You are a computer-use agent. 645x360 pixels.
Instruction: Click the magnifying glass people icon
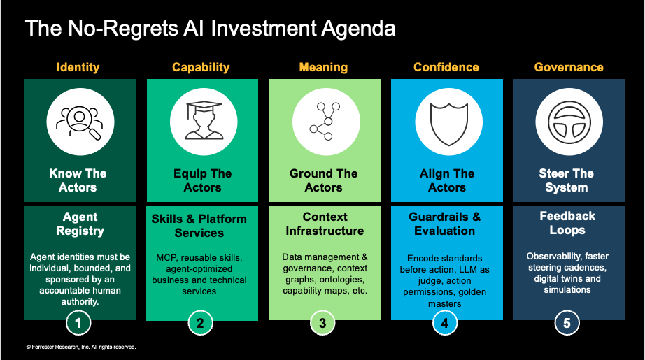80,122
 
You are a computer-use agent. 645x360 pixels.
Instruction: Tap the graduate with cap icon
204,121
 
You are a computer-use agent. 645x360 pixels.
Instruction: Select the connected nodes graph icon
325,121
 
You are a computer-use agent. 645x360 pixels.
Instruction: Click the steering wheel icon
569,122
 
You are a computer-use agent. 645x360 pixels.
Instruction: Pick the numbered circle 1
78,323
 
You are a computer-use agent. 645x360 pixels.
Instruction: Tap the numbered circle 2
200,323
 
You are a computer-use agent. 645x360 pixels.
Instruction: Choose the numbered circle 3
322,323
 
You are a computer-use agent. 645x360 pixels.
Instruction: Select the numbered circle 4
445,323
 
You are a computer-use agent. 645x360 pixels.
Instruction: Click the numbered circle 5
567,323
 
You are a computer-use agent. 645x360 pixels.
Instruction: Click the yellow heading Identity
78,67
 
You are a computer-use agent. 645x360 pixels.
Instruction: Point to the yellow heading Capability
201,67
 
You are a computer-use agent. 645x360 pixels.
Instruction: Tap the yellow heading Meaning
323,67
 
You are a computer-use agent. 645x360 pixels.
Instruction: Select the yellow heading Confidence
446,67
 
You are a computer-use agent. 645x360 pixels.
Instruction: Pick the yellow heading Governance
569,67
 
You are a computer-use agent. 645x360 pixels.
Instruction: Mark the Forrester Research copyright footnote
81,347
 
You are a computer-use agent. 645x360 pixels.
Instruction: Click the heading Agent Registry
80,224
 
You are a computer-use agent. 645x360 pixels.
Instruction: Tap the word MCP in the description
166,258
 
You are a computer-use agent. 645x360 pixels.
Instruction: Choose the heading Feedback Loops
567,223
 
